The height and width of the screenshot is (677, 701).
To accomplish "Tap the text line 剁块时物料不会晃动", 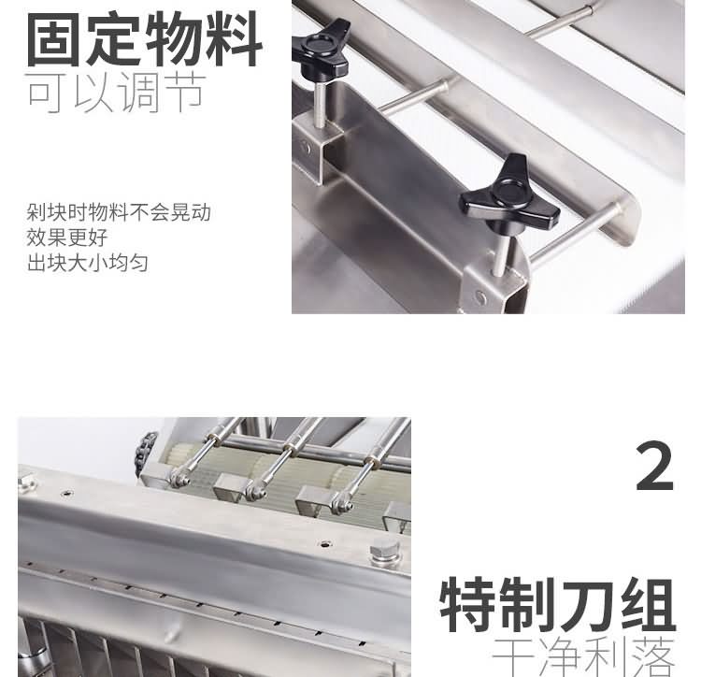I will (119, 212).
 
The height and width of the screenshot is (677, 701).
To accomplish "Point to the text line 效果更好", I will (67, 238).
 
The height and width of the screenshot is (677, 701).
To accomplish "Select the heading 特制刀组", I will (558, 605).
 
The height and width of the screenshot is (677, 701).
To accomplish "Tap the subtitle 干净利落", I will (583, 658).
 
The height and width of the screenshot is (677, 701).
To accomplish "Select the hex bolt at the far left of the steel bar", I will (25, 484).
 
